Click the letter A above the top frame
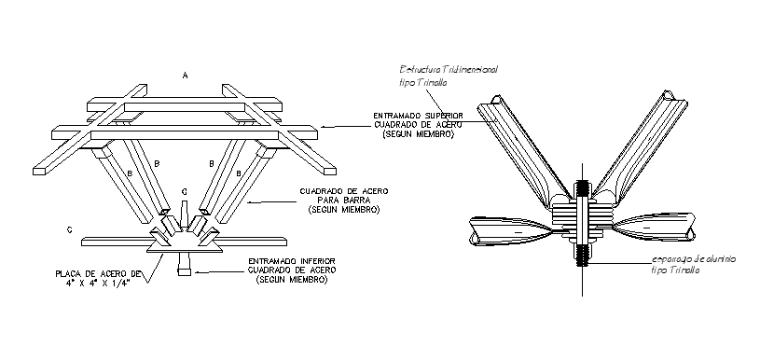[186, 74]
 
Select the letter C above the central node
[185, 192]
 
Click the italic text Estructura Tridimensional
[449, 70]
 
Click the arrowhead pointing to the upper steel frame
[318, 124]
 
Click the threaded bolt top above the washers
[582, 189]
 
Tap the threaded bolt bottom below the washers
[582, 253]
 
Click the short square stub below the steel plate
[184, 268]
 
